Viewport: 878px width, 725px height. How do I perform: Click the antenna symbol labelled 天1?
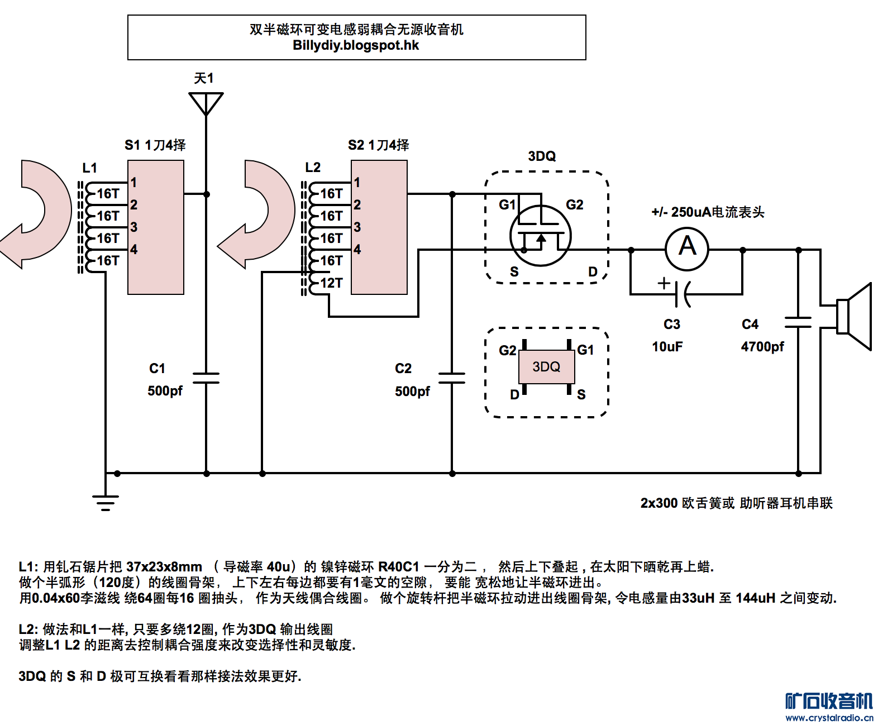click(x=206, y=103)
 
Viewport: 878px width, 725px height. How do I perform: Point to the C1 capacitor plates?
click(x=206, y=378)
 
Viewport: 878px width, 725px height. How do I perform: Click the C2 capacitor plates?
click(x=452, y=378)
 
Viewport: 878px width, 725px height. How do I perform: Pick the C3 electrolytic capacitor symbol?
click(x=681, y=294)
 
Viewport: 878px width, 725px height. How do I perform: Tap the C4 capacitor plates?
click(x=798, y=322)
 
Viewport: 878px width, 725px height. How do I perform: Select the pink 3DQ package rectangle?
click(x=546, y=367)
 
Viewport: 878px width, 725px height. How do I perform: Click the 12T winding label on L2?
click(x=331, y=283)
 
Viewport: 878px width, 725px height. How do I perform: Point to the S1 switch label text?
click(x=155, y=145)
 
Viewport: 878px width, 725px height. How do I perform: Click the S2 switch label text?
click(x=378, y=145)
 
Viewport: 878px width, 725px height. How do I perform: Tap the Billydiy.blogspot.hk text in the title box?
click(x=356, y=46)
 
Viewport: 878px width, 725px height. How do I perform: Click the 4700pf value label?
click(x=762, y=347)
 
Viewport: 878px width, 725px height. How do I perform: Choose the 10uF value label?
click(x=667, y=347)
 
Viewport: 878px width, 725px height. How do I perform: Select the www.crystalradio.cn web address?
click(x=829, y=718)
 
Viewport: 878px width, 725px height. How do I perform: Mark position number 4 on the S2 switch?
click(x=357, y=250)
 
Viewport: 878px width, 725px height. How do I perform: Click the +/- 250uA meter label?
click(x=708, y=212)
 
